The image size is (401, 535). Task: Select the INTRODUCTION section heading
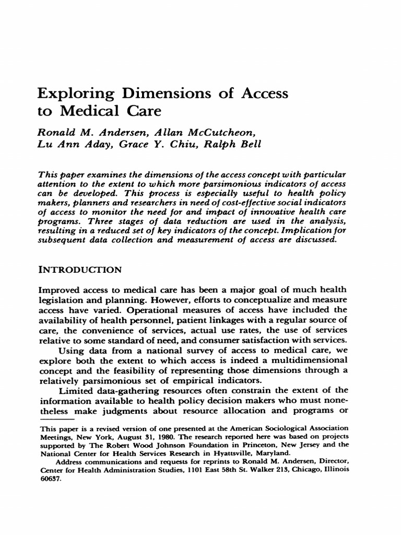coord(80,270)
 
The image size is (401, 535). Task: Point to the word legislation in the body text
coord(61,299)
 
